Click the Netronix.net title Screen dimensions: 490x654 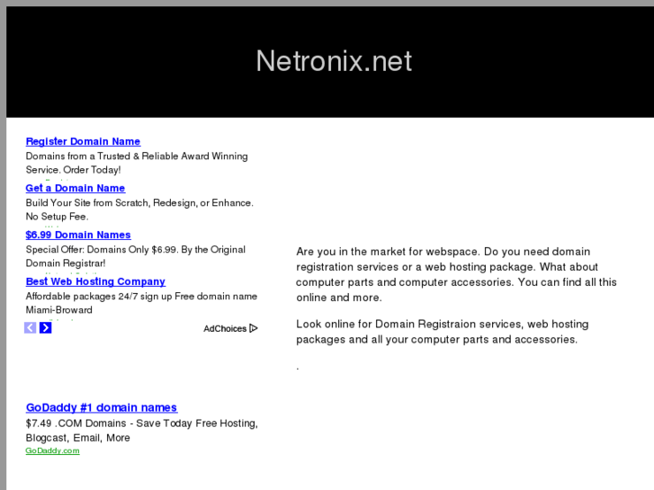[x=334, y=60]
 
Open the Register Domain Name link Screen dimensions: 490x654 [x=83, y=141]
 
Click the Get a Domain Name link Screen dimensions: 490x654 [x=75, y=188]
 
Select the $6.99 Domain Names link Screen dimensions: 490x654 [x=77, y=235]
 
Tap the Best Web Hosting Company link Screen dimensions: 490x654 [x=95, y=281]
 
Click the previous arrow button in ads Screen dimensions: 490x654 [x=31, y=328]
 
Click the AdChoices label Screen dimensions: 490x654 [x=225, y=329]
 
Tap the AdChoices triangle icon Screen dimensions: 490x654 [x=254, y=328]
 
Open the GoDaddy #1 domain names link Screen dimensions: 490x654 [x=101, y=407]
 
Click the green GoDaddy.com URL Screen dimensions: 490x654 [x=52, y=450]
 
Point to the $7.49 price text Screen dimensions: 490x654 [x=40, y=423]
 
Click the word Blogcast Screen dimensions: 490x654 [x=47, y=438]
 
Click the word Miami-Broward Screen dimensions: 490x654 [x=58, y=310]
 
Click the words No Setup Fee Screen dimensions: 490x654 [x=57, y=217]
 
